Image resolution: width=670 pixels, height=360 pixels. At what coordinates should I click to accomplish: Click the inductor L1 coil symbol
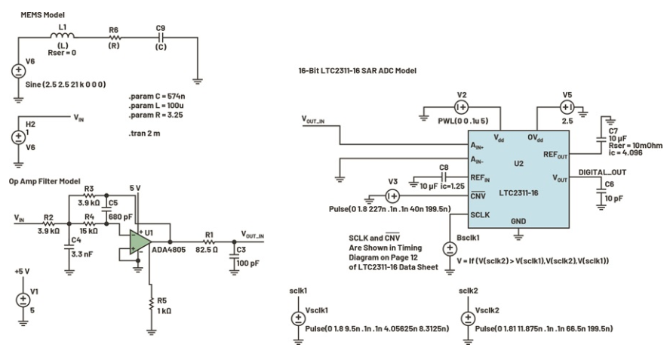[x=63, y=36]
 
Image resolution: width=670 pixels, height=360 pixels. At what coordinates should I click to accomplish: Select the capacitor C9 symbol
[x=161, y=37]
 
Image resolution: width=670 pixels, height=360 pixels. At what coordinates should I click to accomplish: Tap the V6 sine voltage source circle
[x=18, y=71]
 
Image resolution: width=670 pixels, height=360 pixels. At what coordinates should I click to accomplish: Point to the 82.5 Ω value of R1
[x=207, y=249]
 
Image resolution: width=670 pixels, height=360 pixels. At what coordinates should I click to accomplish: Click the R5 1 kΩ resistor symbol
[x=151, y=304]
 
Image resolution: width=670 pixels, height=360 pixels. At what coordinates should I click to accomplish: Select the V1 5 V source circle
[x=23, y=300]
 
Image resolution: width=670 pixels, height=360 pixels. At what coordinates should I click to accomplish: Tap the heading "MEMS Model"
[x=43, y=15]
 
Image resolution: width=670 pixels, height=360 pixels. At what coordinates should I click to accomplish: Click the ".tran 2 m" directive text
[x=144, y=134]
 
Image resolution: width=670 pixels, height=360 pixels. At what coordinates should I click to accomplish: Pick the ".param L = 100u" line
[x=156, y=106]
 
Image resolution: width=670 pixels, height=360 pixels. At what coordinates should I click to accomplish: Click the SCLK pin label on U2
[x=480, y=214]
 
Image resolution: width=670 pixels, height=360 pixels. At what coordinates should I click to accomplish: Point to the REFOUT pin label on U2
[x=555, y=155]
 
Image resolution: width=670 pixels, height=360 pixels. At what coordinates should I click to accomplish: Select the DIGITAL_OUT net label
[x=602, y=172]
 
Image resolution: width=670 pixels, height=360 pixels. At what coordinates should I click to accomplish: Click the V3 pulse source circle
[x=392, y=195]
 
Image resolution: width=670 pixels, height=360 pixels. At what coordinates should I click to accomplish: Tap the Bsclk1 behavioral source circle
[x=450, y=249]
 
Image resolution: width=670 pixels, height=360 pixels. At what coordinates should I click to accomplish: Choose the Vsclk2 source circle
[x=468, y=318]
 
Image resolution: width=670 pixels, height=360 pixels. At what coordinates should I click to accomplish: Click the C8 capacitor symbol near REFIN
[x=444, y=177]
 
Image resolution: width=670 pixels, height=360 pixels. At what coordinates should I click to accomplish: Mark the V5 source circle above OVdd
[x=567, y=107]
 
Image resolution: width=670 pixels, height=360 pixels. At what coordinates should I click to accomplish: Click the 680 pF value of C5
[x=121, y=217]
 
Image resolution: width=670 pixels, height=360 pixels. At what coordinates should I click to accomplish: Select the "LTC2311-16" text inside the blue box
[x=518, y=192]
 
